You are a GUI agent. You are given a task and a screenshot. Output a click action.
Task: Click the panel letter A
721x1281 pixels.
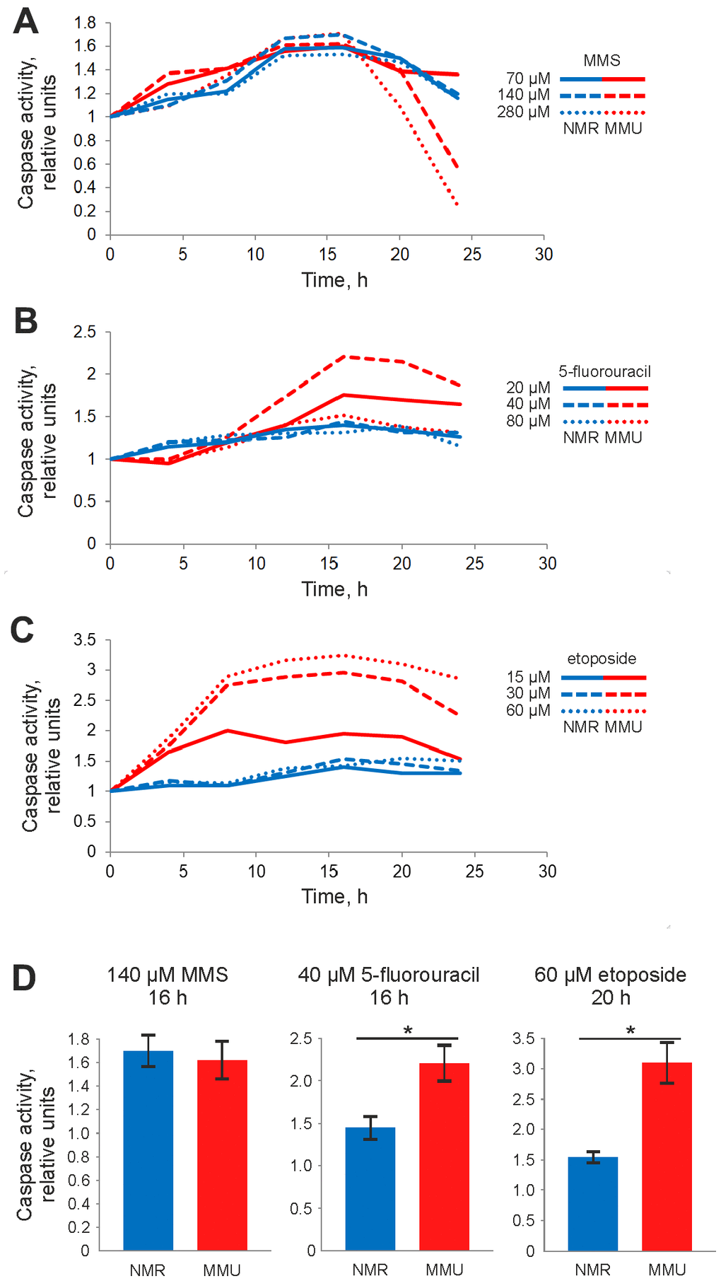(x=25, y=22)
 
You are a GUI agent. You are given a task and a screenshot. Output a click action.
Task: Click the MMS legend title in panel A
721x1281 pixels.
(x=602, y=61)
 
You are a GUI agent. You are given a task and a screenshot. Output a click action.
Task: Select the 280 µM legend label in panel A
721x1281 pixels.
(x=523, y=112)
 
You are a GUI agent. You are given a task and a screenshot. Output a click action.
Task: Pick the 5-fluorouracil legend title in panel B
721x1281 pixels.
(x=604, y=371)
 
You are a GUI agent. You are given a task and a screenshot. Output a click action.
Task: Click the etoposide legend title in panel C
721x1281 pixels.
(x=602, y=659)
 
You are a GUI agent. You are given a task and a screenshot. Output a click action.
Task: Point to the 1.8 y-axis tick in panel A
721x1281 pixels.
(x=85, y=23)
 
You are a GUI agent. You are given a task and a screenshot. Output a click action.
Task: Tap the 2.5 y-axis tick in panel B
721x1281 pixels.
(x=85, y=332)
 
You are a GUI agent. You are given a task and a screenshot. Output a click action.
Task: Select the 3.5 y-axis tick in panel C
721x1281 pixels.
(x=85, y=640)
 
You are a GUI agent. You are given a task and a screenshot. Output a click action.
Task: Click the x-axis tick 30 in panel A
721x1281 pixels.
(x=544, y=255)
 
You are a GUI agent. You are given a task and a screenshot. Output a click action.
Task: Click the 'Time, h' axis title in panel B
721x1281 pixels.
(x=334, y=589)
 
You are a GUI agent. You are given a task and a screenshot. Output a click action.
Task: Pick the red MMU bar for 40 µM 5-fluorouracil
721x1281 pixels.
(x=444, y=1157)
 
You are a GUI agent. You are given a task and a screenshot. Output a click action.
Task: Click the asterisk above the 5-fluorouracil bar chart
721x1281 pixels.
(x=408, y=1031)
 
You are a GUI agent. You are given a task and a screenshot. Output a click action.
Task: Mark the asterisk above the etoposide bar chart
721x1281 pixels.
(x=631, y=1031)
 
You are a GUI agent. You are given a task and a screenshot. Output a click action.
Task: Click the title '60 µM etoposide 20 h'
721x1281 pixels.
(x=610, y=986)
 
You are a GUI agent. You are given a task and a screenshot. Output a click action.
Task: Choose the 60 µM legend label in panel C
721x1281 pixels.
(x=528, y=710)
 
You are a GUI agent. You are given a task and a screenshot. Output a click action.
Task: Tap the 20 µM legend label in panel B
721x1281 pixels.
(x=528, y=388)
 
